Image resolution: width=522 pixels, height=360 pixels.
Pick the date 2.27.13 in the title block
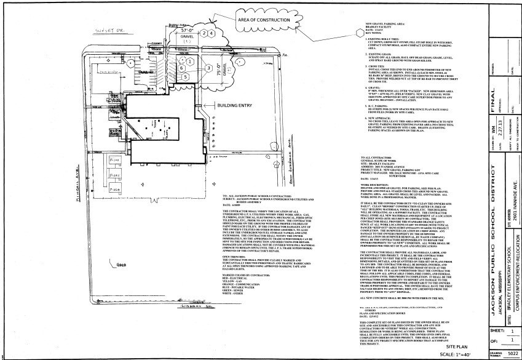point(482,146)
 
